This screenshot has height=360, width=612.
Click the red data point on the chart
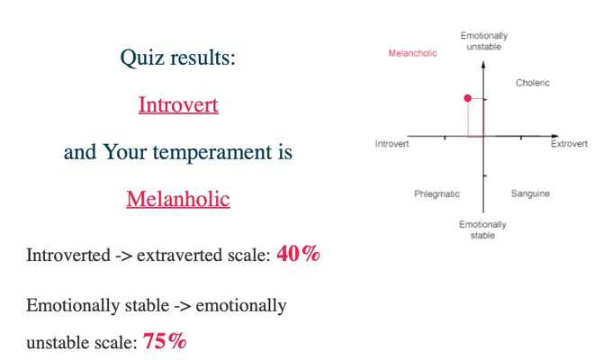[x=468, y=98]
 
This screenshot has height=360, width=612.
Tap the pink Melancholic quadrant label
[x=412, y=53]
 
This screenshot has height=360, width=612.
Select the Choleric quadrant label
[x=533, y=83]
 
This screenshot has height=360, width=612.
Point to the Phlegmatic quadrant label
[x=436, y=194]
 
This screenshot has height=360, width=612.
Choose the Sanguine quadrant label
[x=530, y=193]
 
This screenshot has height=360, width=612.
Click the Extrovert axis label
[x=569, y=144]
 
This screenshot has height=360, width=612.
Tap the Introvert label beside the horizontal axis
[x=391, y=144]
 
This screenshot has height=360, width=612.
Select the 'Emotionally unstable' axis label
[x=484, y=41]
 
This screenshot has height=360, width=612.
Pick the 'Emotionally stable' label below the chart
[x=482, y=229]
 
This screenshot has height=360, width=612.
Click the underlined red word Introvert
[x=178, y=104]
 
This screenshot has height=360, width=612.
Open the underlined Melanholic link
[x=178, y=199]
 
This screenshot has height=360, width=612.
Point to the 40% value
[x=298, y=254]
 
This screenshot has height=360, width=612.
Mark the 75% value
[x=165, y=341]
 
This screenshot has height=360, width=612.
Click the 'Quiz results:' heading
[x=178, y=58]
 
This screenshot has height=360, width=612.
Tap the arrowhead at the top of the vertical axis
[x=483, y=65]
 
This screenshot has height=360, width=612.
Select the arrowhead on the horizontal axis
[x=555, y=136]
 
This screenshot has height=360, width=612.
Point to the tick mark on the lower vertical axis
[x=485, y=175]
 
